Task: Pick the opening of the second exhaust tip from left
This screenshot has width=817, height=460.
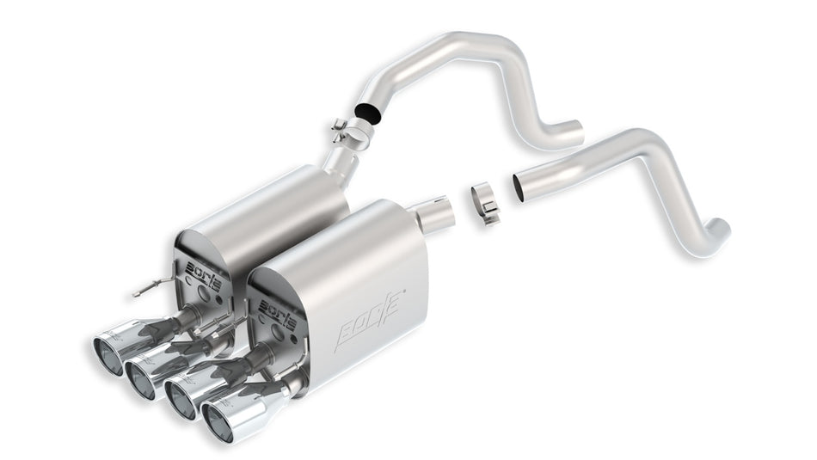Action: coord(138,377)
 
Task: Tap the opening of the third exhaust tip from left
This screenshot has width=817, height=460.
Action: coord(180,397)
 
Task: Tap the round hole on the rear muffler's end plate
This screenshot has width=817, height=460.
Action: coord(203,292)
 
